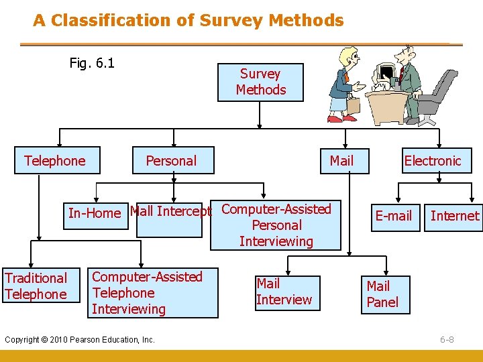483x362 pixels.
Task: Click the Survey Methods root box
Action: (x=260, y=82)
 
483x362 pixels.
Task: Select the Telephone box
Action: (x=56, y=161)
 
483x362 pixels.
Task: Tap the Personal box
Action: (x=172, y=161)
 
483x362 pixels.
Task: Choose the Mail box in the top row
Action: (x=341, y=161)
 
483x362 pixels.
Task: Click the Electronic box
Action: (x=433, y=161)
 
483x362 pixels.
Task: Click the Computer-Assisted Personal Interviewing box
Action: (x=276, y=225)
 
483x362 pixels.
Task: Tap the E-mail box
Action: (x=394, y=216)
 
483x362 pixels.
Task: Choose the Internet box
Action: (x=454, y=216)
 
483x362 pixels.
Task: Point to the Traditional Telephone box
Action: (x=37, y=286)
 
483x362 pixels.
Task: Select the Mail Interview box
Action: (x=284, y=292)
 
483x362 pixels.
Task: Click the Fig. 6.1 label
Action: (x=92, y=64)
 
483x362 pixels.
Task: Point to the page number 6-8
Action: (x=447, y=339)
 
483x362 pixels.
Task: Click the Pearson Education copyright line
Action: (x=80, y=340)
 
